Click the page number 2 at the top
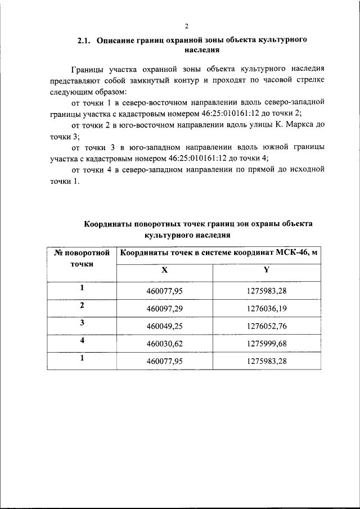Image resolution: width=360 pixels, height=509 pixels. click(x=186, y=26)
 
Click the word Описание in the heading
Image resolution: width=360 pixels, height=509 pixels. click(x=115, y=41)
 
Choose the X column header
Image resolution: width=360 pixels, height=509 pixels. click(x=164, y=269)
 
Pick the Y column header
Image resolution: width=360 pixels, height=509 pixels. click(x=267, y=269)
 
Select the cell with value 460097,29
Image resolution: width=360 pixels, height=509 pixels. click(x=164, y=308)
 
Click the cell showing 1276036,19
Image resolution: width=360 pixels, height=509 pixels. click(x=267, y=308)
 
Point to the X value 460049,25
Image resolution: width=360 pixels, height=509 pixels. click(x=164, y=326)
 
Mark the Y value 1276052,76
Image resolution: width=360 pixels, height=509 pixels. click(x=267, y=326)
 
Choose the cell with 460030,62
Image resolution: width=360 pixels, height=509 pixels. click(x=164, y=343)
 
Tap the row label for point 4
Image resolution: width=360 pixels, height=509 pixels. click(x=82, y=340)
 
